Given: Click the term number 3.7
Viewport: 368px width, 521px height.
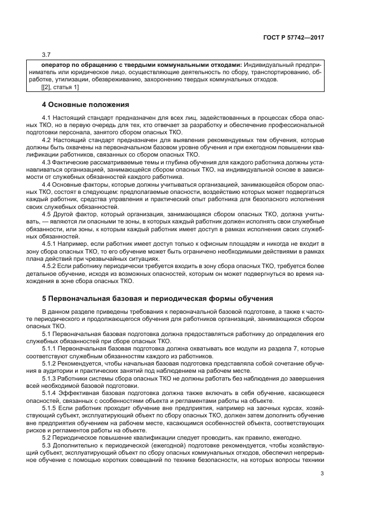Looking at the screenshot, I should click(x=46, y=55).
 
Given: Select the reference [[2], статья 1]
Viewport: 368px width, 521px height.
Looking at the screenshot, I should click(x=60, y=87).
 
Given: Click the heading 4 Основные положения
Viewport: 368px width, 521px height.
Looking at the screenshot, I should click(x=86, y=104).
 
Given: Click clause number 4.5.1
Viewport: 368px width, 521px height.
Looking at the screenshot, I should click(x=50, y=244).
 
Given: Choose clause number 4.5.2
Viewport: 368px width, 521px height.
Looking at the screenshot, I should click(x=50, y=266).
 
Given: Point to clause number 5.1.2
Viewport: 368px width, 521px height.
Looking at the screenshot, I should click(x=50, y=363).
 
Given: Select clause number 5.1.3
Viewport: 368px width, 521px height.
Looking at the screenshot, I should click(x=50, y=378).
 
